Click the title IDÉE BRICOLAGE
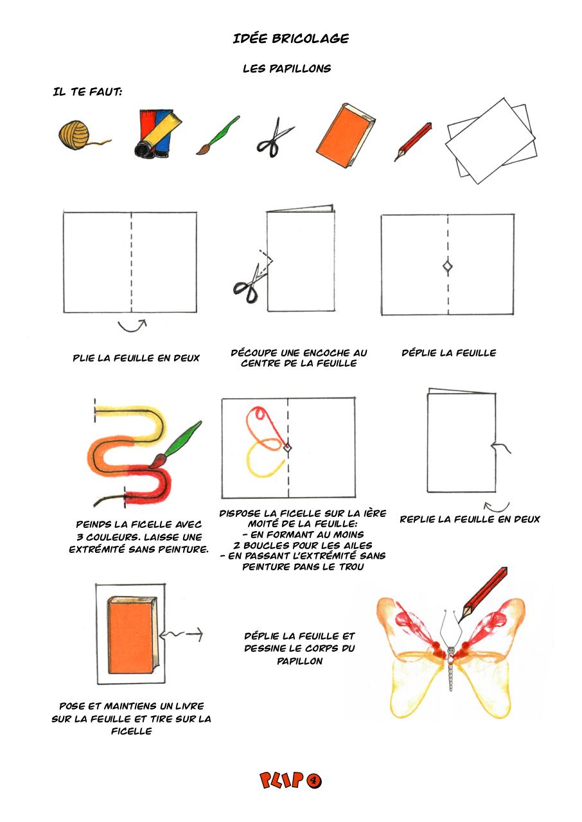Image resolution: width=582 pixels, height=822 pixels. pyautogui.click(x=291, y=39)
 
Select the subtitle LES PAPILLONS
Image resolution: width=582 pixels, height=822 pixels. pyautogui.click(x=287, y=69)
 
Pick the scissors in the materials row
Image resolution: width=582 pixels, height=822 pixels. pyautogui.click(x=274, y=137)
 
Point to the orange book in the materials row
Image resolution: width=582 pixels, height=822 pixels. pyautogui.click(x=344, y=134)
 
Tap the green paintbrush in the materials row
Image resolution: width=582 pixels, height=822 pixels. pyautogui.click(x=216, y=136)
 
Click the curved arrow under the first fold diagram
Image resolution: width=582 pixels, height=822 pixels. pyautogui.click(x=132, y=326)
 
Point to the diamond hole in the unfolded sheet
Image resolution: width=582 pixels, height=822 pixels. pyautogui.click(x=447, y=267)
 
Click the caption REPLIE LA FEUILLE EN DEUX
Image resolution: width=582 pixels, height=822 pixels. pyautogui.click(x=470, y=519)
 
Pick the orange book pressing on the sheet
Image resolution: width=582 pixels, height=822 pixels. pyautogui.click(x=131, y=636)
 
